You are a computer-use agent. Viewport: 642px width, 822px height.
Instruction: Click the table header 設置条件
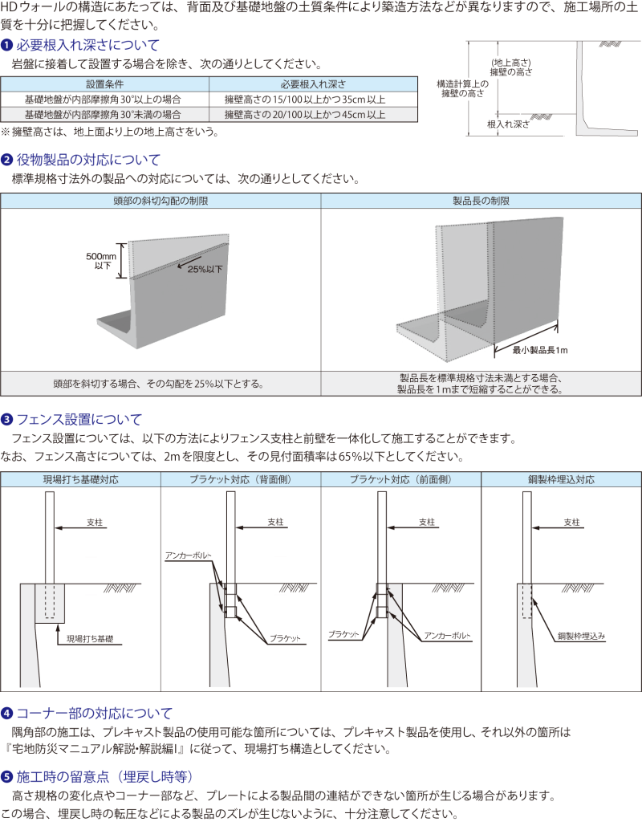click(x=105, y=83)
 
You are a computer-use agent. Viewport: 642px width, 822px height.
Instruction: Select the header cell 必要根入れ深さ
click(x=313, y=83)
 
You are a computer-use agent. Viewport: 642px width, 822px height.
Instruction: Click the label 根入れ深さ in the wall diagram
click(x=508, y=124)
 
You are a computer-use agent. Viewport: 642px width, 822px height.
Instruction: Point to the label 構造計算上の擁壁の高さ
click(x=463, y=88)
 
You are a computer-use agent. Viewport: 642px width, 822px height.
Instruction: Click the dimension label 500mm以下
click(x=102, y=261)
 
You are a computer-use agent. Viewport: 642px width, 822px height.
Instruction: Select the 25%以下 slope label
click(x=205, y=269)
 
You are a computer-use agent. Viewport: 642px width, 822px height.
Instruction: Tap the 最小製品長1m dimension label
click(x=540, y=350)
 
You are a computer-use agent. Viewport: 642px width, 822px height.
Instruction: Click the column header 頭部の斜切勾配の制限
click(x=160, y=201)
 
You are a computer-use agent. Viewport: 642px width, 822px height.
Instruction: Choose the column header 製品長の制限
click(x=481, y=201)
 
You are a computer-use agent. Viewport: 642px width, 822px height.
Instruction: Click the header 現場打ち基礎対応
click(x=81, y=479)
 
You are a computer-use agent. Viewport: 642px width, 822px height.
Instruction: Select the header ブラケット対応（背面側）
click(x=241, y=479)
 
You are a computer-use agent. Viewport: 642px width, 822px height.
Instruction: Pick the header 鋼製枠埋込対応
click(x=561, y=479)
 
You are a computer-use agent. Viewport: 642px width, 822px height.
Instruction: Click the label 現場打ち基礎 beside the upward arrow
click(x=90, y=639)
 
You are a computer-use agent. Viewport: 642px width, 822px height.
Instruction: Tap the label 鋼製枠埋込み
click(x=581, y=636)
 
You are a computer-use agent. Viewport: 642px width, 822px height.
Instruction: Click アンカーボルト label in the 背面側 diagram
click(x=188, y=555)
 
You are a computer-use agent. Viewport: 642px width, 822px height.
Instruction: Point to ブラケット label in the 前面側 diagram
click(x=343, y=634)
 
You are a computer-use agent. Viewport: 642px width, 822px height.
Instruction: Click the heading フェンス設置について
click(x=79, y=419)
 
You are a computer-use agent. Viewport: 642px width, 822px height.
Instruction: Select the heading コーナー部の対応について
click(x=95, y=713)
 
